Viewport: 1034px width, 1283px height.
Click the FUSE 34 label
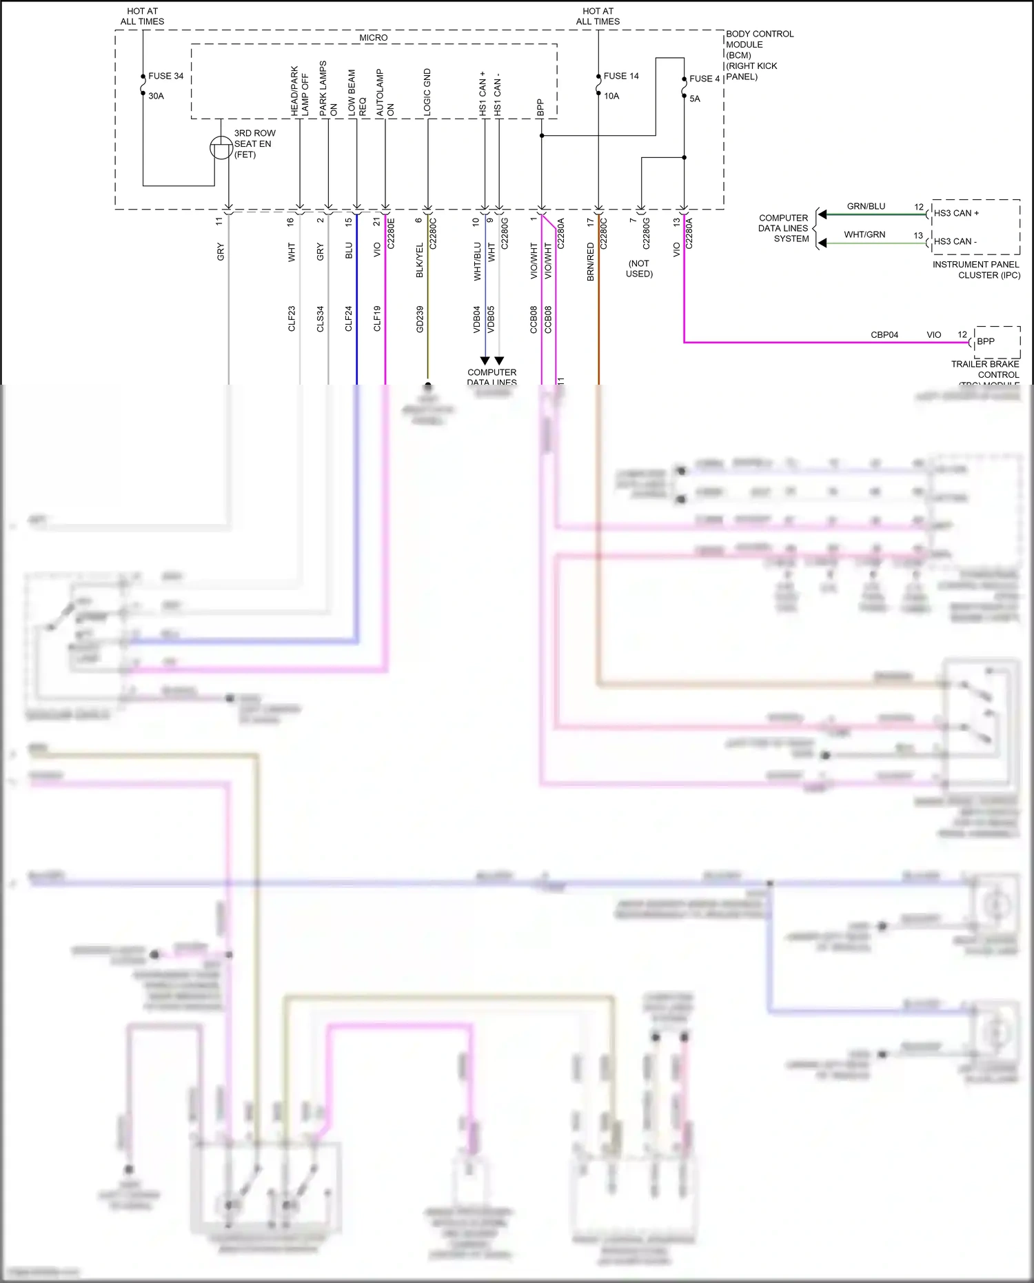pyautogui.click(x=165, y=76)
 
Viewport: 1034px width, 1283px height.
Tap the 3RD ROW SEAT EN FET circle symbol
pyautogui.click(x=221, y=148)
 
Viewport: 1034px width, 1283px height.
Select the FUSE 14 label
pyautogui.click(x=621, y=76)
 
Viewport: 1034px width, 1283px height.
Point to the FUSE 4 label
pyautogui.click(x=704, y=79)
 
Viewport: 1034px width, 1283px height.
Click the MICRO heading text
pyautogui.click(x=373, y=38)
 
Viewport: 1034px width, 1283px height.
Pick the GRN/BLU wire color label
pyautogui.click(x=866, y=206)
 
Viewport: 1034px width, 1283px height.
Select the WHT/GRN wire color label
pyautogui.click(x=864, y=234)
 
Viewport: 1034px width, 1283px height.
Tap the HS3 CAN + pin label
pyautogui.click(x=956, y=213)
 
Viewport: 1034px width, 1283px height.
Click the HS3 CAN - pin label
pyautogui.click(x=955, y=241)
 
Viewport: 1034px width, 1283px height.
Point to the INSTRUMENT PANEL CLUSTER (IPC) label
pyautogui.click(x=976, y=270)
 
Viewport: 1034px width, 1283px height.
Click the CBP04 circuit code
pyautogui.click(x=884, y=335)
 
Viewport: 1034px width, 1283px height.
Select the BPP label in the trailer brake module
pyautogui.click(x=986, y=341)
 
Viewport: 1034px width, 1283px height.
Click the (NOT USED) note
pyautogui.click(x=639, y=268)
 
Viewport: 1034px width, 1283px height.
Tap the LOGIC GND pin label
pyautogui.click(x=427, y=92)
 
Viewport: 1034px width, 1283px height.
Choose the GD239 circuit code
pyautogui.click(x=420, y=319)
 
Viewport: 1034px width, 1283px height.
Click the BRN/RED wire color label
pyautogui.click(x=591, y=261)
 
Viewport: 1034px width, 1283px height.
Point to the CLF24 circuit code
pyautogui.click(x=349, y=319)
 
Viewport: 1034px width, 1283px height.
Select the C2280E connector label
pyautogui.click(x=391, y=234)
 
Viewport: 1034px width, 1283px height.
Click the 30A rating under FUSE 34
pyautogui.click(x=156, y=96)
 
